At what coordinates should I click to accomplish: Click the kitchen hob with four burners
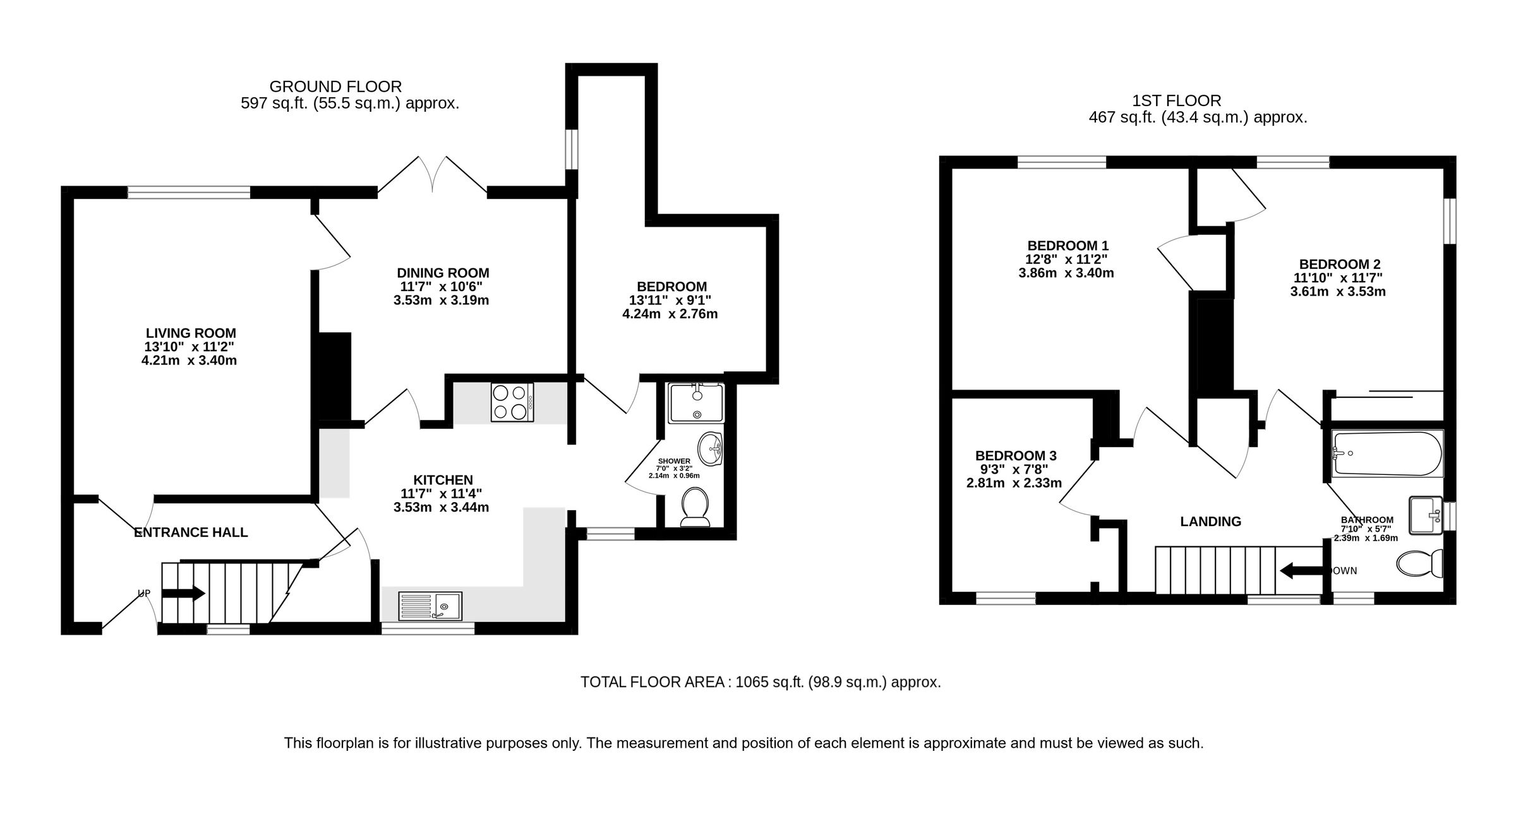512,402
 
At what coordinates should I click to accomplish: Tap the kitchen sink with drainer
431,606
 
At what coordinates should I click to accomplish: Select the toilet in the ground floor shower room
696,506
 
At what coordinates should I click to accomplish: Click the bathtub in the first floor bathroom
1387,453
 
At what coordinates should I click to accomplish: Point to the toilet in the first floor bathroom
1421,563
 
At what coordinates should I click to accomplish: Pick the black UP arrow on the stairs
184,594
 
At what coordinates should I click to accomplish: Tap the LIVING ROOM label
191,333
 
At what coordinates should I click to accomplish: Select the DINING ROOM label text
443,273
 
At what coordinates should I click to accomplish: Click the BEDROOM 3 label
1016,455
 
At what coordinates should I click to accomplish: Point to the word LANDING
1210,522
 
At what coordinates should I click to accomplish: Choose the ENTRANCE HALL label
191,532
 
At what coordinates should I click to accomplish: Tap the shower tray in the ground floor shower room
696,403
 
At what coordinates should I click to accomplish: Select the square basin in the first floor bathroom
1426,515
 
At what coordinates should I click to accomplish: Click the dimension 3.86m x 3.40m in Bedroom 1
1066,273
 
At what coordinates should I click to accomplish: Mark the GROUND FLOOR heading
335,87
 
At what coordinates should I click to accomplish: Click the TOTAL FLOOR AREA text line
761,682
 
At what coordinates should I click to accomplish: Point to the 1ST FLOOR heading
1176,100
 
